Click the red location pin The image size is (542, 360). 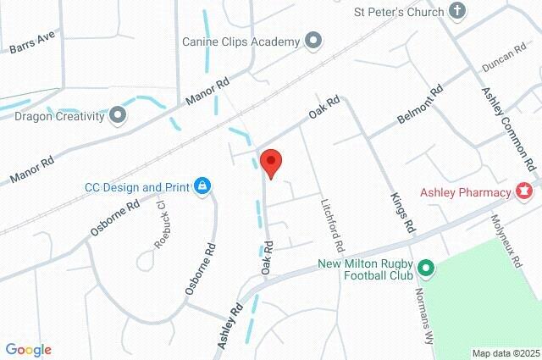pos(271,161)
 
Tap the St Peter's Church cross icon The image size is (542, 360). pos(457,12)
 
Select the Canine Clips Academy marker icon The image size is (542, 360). pos(314,41)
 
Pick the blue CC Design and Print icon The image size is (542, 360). pos(202,186)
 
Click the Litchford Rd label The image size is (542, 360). pos(330,225)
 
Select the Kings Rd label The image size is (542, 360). pos(403,211)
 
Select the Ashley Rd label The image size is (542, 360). pos(230,325)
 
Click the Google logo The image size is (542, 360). pos(28,350)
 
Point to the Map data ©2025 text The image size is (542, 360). pos(505,353)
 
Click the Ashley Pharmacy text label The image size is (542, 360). pos(467,192)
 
